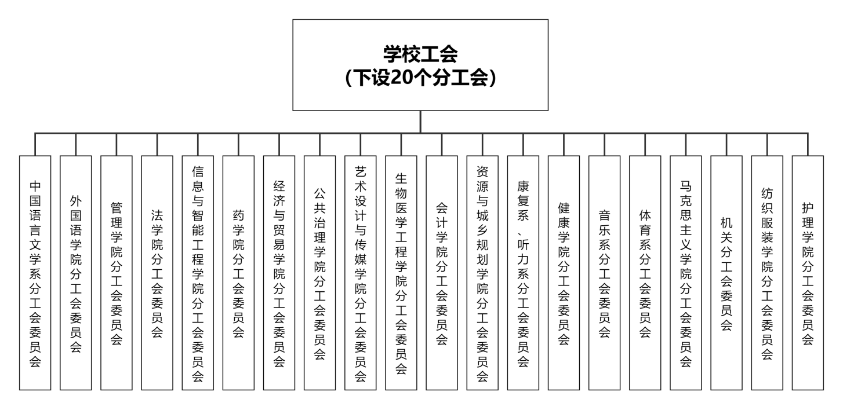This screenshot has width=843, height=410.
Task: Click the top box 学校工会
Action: point(420,65)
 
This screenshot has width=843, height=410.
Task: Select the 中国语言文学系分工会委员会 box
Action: point(35,272)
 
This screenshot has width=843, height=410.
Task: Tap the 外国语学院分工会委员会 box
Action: point(75,272)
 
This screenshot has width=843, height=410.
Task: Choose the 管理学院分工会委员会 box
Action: point(116,272)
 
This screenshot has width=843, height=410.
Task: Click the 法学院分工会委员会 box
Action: point(157,272)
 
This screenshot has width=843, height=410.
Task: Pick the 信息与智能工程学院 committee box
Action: point(198,272)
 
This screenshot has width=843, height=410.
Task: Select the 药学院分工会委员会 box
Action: point(238,272)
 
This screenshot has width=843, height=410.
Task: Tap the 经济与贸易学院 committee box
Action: point(279,272)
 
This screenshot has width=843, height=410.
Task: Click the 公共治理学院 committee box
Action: point(319,272)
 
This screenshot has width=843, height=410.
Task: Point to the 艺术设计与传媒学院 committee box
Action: point(360,272)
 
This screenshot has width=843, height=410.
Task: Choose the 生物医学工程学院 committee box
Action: point(401,272)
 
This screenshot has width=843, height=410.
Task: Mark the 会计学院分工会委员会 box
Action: point(442,272)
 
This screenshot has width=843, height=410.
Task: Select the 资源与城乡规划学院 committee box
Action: point(482,272)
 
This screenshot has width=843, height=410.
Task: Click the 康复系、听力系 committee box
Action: point(523,272)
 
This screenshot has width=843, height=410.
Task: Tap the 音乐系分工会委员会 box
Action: point(604,272)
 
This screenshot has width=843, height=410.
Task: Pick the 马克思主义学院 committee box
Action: point(686,272)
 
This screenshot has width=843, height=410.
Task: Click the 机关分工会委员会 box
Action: point(726,272)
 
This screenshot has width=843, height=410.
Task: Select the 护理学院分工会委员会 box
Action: point(808,272)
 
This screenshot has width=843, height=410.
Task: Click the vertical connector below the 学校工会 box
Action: point(420,122)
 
